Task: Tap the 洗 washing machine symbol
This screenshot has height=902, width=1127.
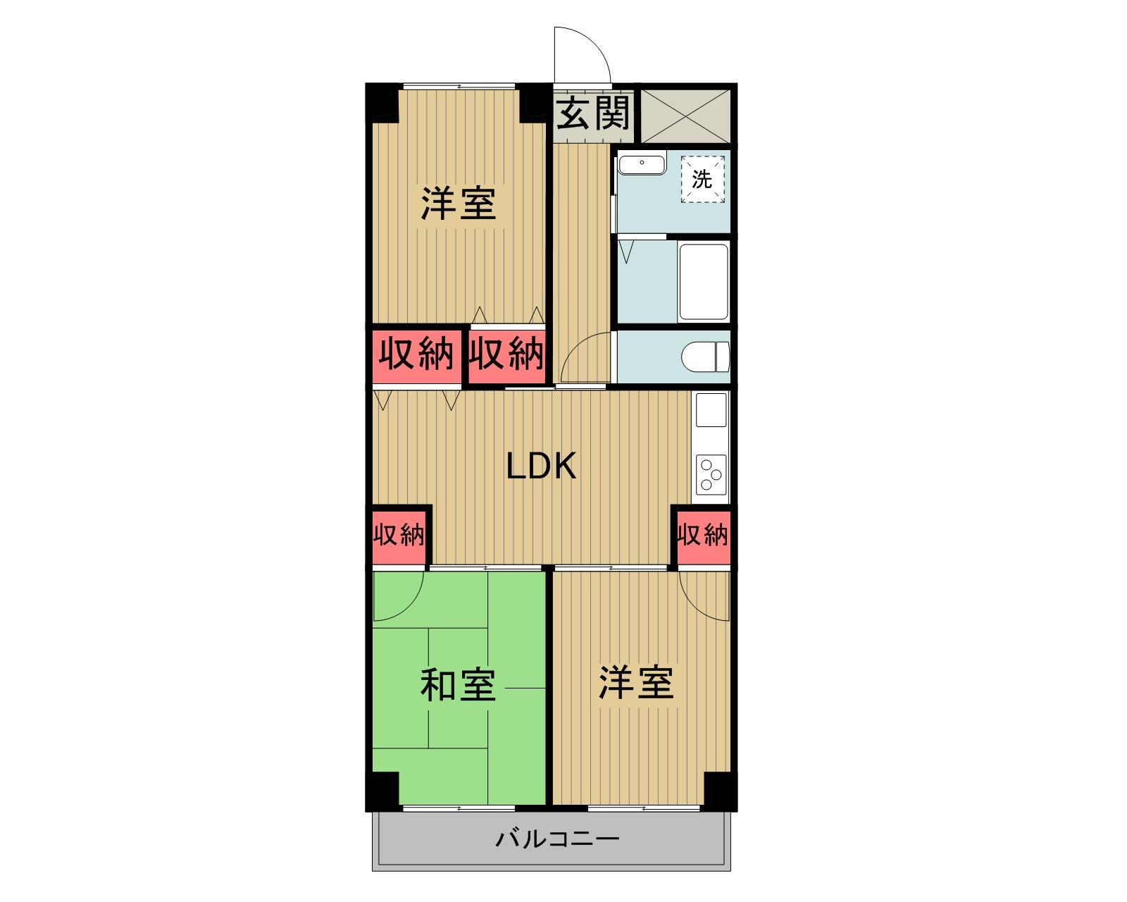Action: click(702, 180)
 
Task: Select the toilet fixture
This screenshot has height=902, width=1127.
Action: click(706, 356)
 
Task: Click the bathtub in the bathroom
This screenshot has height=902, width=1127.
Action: click(702, 282)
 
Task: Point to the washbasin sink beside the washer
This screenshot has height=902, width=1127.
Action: click(641, 165)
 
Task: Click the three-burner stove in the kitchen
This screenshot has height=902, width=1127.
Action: click(710, 475)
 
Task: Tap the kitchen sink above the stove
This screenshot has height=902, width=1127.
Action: click(711, 409)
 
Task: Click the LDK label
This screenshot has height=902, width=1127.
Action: click(542, 466)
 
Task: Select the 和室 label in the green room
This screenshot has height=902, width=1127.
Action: click(458, 685)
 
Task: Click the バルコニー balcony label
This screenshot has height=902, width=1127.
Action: click(557, 839)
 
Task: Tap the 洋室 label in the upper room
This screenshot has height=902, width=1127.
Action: click(459, 204)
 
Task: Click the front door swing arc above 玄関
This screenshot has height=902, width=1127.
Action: click(581, 55)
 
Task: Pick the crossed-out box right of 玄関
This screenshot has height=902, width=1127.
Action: click(685, 114)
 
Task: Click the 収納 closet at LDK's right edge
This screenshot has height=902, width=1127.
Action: click(702, 536)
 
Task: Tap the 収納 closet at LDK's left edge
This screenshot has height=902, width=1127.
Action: click(399, 536)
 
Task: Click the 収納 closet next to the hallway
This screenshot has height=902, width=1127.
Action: click(507, 354)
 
